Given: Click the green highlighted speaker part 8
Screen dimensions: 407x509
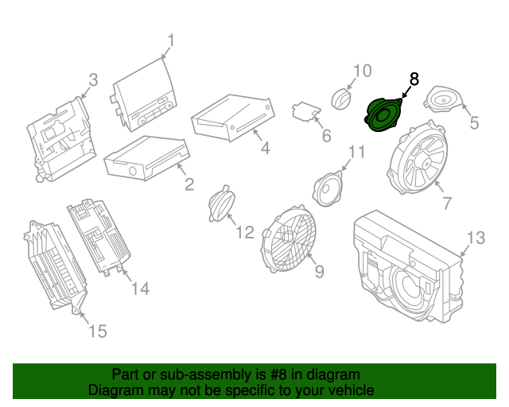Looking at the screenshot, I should pyautogui.click(x=383, y=114).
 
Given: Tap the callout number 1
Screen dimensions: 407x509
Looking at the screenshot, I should pyautogui.click(x=171, y=41).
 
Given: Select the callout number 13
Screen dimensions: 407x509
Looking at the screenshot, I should pyautogui.click(x=475, y=238).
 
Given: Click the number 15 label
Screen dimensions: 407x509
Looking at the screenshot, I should pyautogui.click(x=97, y=331).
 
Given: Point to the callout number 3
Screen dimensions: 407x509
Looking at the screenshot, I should pyautogui.click(x=93, y=79).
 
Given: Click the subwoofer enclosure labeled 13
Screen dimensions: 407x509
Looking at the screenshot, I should pyautogui.click(x=406, y=266).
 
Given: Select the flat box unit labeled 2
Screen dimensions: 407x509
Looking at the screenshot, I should pyautogui.click(x=146, y=157).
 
